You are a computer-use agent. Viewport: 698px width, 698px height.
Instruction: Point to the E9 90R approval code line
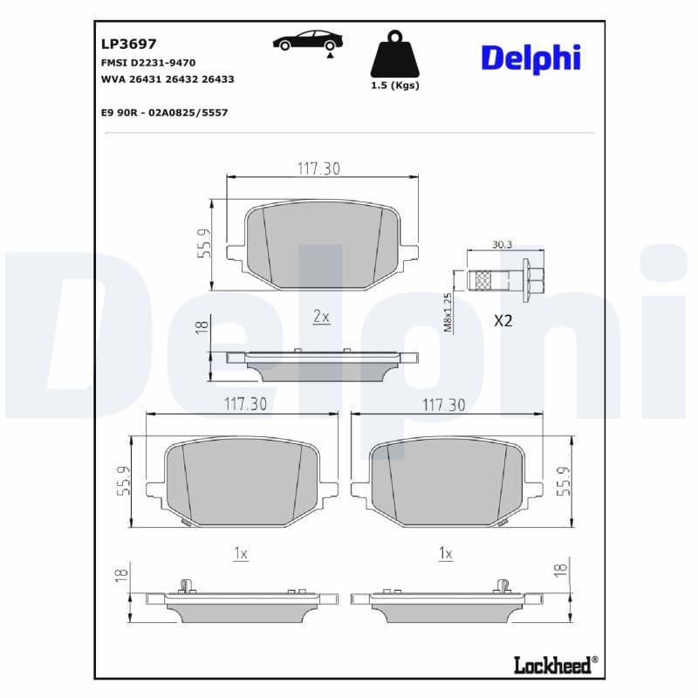click(x=159, y=113)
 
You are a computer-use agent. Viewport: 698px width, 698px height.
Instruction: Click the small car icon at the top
click(x=307, y=40)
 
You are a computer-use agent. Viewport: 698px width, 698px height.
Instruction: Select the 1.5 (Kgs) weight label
click(x=395, y=86)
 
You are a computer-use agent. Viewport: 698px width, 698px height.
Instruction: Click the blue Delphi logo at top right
click(x=530, y=58)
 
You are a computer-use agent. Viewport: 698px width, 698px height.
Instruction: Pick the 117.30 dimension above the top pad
click(x=318, y=168)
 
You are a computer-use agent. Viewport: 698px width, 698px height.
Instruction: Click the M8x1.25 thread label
click(x=448, y=312)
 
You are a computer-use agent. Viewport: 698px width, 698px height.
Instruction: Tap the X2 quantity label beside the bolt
click(x=503, y=320)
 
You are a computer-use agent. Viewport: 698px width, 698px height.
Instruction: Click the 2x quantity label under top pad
click(x=321, y=317)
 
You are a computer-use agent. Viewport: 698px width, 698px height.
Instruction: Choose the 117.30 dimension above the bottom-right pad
click(x=443, y=405)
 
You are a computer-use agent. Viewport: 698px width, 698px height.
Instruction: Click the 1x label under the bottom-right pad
click(x=446, y=553)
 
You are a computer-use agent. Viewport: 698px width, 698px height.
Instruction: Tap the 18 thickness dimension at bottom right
click(x=561, y=570)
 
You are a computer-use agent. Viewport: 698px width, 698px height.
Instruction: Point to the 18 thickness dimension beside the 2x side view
click(x=201, y=326)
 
